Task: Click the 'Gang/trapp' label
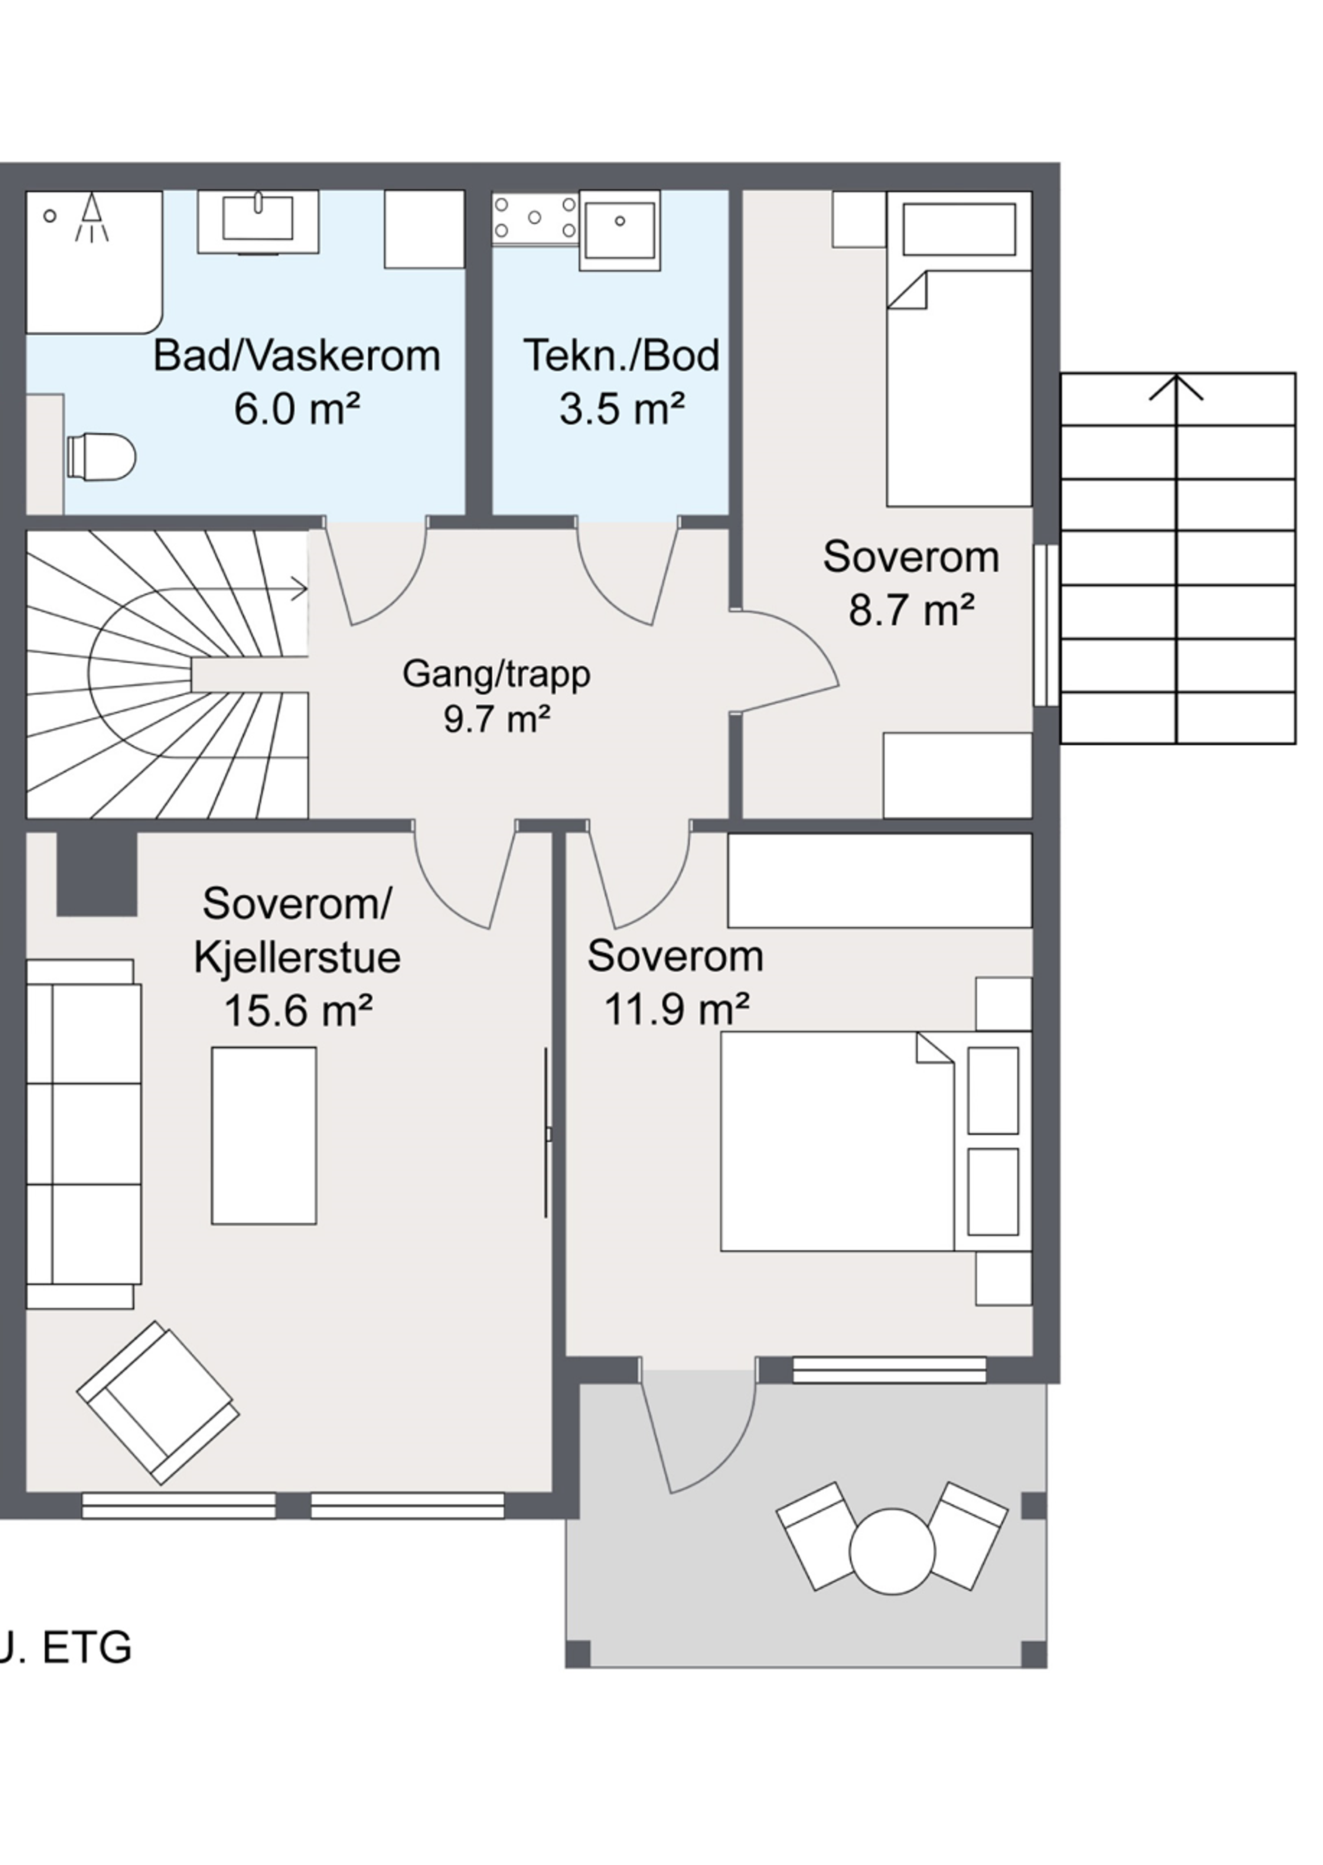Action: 496,674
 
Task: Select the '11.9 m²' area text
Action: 676,1010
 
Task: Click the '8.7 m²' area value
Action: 912,610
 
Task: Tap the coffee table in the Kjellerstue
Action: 264,1136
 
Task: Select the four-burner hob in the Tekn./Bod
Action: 535,218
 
